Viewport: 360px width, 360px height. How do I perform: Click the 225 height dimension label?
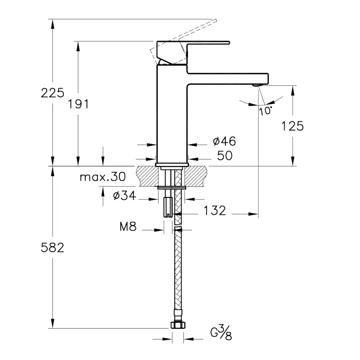pyautogui.click(x=52, y=93)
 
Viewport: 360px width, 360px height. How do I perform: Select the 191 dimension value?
pyautogui.click(x=78, y=104)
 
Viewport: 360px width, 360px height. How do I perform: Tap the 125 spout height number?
pyautogui.click(x=292, y=126)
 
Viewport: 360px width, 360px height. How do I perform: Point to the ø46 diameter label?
pyautogui.click(x=224, y=141)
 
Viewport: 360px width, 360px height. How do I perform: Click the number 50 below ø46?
pyautogui.click(x=225, y=156)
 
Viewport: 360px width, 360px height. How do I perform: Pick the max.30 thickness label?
pyautogui.click(x=103, y=177)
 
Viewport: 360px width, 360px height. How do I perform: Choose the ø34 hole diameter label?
pyautogui.click(x=125, y=195)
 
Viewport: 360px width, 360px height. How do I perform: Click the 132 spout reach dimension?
pyautogui.click(x=215, y=210)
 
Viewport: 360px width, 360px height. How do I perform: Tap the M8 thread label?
pyautogui.click(x=128, y=226)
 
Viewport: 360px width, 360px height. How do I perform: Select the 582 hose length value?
pyautogui.click(x=52, y=248)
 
